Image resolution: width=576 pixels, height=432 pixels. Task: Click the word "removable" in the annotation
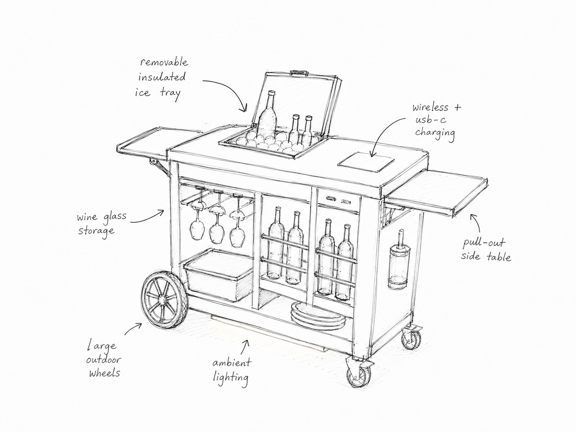pos(164,62)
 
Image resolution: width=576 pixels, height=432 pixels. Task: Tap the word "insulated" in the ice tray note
pos(162,77)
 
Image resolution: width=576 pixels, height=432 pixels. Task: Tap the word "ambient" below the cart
pos(232,363)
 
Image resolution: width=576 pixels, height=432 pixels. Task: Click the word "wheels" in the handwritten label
pos(105,373)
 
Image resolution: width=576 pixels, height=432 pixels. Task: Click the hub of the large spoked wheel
pos(161,300)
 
